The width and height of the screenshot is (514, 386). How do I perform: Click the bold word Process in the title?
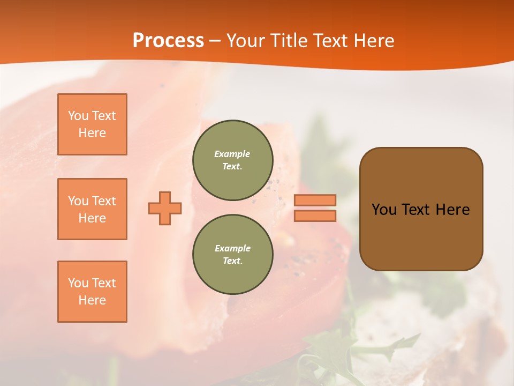(x=168, y=41)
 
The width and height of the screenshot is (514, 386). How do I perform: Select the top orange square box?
(x=92, y=124)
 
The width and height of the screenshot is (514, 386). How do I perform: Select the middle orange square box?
(x=92, y=209)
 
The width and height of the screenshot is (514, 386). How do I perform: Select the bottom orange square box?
(x=92, y=292)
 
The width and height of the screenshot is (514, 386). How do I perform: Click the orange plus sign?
(x=165, y=208)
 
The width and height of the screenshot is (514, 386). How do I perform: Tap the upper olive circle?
(x=232, y=160)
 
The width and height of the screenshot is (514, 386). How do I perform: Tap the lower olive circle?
(x=232, y=255)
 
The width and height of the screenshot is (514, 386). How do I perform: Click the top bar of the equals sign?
(x=315, y=200)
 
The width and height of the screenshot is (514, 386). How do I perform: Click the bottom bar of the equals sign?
(x=315, y=216)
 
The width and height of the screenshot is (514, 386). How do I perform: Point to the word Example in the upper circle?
(x=232, y=154)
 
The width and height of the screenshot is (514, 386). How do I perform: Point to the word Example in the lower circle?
(x=232, y=248)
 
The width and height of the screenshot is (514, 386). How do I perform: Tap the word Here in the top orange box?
(x=92, y=133)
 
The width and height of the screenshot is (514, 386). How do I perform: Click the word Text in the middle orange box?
(x=103, y=201)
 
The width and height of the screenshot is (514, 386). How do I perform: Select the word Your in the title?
(x=246, y=41)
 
